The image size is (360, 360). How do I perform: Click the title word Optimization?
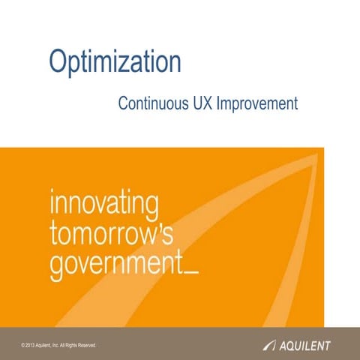(x=115, y=62)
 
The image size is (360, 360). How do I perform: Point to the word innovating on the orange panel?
(x=103, y=202)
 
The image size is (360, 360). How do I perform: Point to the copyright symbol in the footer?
(x=25, y=345)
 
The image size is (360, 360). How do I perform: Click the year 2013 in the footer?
(x=32, y=345)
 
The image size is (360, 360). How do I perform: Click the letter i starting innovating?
(x=52, y=202)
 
